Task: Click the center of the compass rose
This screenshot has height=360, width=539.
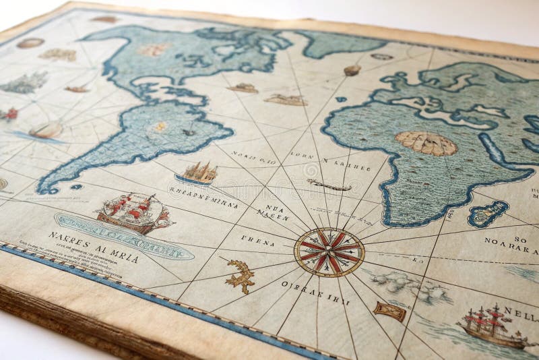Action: pyautogui.click(x=329, y=252)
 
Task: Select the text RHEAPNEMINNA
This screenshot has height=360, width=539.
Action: pyautogui.click(x=203, y=196)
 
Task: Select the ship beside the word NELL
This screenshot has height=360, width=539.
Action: pyautogui.click(x=492, y=326)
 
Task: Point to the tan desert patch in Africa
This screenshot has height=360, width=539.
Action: pyautogui.click(x=426, y=143)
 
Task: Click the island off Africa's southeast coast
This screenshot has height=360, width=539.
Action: pyautogui.click(x=488, y=214)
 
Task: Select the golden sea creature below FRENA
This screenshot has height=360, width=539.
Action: pyautogui.click(x=240, y=275)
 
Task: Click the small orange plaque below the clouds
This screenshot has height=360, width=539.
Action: pyautogui.click(x=389, y=311)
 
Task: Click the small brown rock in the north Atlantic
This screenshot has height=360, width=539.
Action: pyautogui.click(x=352, y=69)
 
